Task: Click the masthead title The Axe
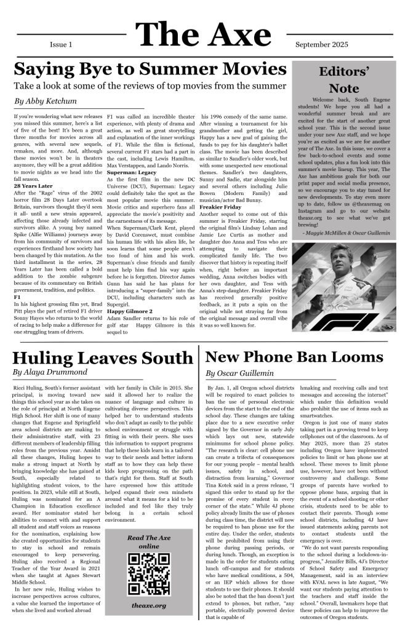(x=203, y=34)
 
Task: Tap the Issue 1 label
(x=61, y=45)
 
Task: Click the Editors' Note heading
(x=343, y=79)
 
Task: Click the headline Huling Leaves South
(x=102, y=357)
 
